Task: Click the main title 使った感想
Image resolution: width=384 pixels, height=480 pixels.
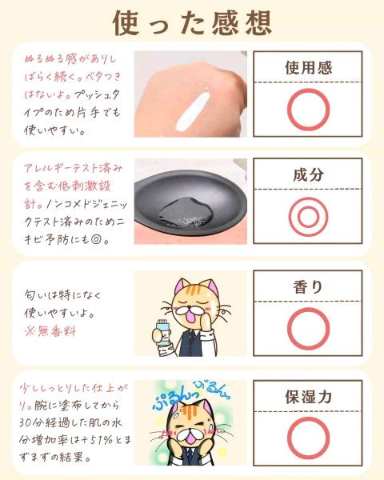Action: tap(192, 23)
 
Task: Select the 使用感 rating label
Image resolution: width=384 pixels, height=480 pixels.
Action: tap(308, 67)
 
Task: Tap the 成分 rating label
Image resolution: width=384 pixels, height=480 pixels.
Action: tap(308, 174)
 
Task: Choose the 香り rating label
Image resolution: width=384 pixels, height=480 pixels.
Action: tap(308, 287)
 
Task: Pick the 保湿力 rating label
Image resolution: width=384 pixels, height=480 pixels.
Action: tap(308, 397)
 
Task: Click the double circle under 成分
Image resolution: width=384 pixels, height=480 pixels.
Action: tap(290, 217)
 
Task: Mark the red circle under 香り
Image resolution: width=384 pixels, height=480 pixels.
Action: tap(288, 329)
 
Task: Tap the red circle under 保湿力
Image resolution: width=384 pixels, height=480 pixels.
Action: tap(288, 438)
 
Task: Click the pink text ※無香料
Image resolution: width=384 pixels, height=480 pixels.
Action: tap(50, 330)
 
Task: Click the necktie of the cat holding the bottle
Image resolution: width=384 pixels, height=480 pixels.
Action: tap(191, 342)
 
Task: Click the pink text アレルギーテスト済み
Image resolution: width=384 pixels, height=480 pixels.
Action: tap(73, 168)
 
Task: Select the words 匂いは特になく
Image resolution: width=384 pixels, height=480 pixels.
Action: tap(62, 295)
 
